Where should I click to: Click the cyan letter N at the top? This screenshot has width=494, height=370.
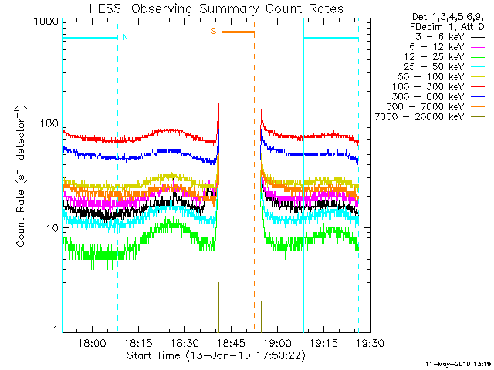(x=125, y=36)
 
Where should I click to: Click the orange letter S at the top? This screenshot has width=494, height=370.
(x=213, y=32)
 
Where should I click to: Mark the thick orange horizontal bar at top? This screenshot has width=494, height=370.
(x=238, y=32)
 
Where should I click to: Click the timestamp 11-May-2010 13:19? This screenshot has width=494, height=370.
(x=458, y=363)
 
